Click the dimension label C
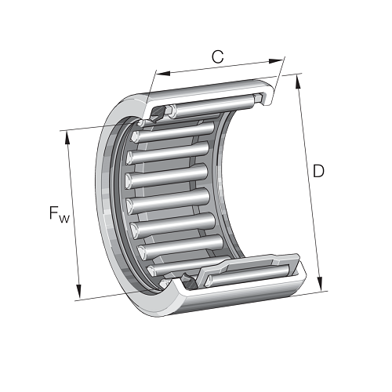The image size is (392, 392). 218,56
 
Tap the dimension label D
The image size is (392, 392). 318,170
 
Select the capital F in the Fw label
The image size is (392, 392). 54,212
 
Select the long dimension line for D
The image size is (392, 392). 309,184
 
